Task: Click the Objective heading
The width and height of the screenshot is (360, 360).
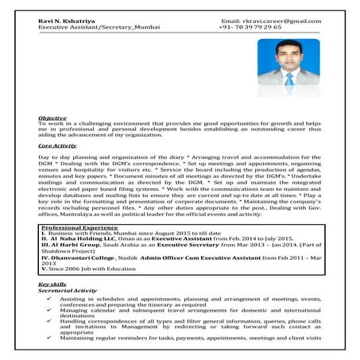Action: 52,118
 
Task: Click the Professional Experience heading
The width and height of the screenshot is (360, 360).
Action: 80,227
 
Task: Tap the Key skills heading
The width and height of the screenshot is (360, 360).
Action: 54,284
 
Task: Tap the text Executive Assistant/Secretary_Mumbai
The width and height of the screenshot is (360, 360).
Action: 97,27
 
